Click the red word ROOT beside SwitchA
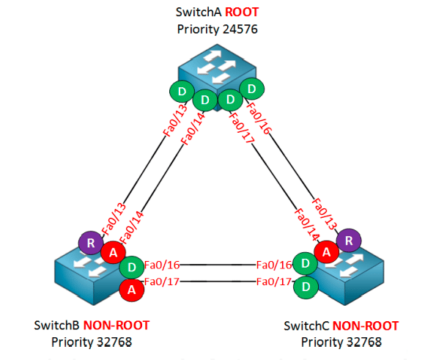242,12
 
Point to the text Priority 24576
217,29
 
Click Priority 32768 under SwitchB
92,342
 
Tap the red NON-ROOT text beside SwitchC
366,326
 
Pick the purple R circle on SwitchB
91,243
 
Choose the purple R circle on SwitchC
349,240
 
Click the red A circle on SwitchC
326,252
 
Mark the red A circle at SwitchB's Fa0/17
132,290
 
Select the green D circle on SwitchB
132,267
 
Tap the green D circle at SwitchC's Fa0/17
306,287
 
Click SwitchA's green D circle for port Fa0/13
182,91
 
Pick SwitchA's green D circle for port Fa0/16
252,89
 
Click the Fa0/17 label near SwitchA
240,128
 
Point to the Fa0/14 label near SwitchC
306,224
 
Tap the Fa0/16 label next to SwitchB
162,265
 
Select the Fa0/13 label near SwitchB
114,219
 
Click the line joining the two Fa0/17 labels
218,282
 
